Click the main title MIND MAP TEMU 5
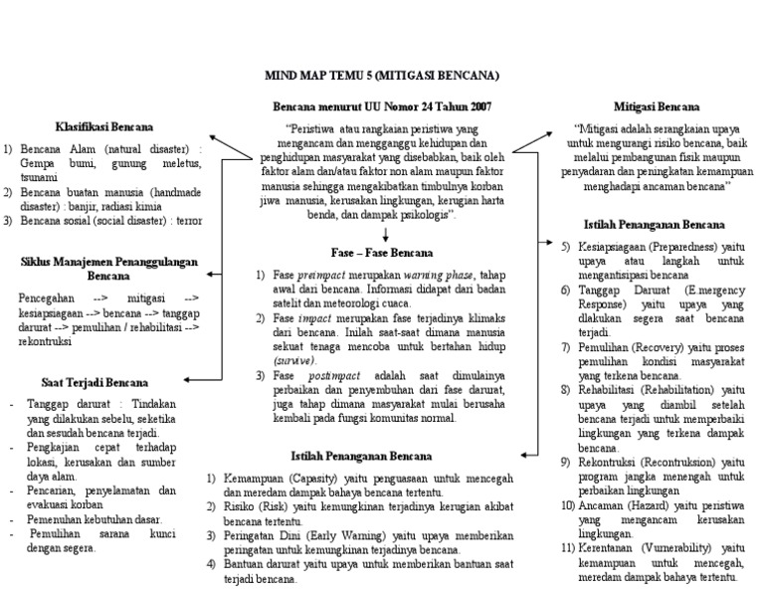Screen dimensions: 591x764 (381, 75)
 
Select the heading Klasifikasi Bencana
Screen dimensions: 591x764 (103, 126)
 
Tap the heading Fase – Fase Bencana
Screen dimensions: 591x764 (383, 252)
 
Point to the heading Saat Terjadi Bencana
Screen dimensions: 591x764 (95, 381)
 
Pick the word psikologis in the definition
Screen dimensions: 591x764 (421, 214)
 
